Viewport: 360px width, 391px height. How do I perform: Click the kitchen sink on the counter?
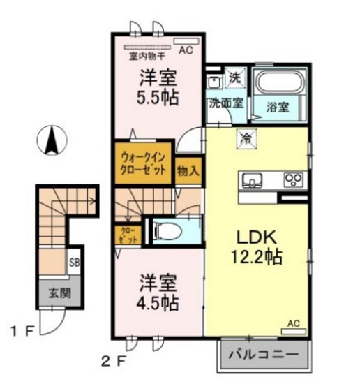coord(250,181)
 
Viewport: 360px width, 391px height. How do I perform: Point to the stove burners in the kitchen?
coord(292,180)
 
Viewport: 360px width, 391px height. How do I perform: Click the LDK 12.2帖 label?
coord(258,246)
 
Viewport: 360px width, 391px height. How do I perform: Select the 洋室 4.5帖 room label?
coord(156,293)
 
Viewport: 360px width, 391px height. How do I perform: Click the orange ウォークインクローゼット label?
coord(143,163)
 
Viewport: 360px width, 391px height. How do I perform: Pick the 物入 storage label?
coord(187,169)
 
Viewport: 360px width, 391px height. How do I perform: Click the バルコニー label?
coord(265,355)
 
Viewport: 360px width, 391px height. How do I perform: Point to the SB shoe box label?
coord(74,263)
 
